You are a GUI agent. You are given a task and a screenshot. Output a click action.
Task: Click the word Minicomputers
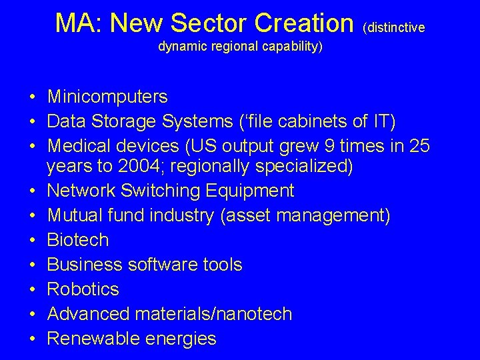click(x=107, y=97)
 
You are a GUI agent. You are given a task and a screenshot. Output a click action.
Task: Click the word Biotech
click(x=78, y=240)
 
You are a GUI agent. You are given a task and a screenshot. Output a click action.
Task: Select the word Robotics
click(x=83, y=289)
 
